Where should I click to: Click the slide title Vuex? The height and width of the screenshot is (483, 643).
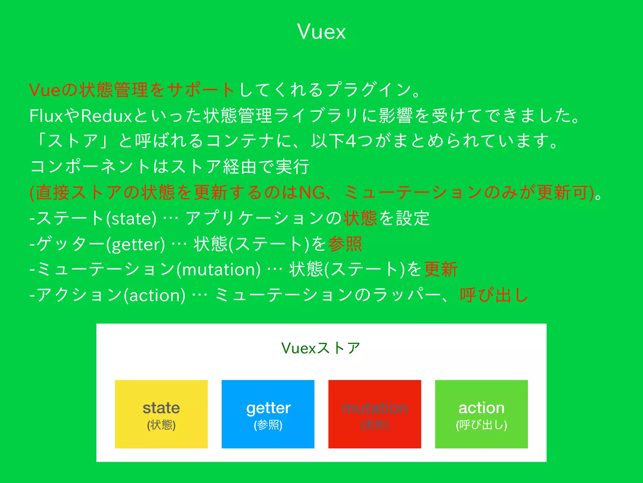(x=321, y=32)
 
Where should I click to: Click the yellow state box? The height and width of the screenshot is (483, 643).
(x=161, y=414)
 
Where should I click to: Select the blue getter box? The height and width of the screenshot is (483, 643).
(x=268, y=414)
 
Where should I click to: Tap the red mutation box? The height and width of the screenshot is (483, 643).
(x=375, y=414)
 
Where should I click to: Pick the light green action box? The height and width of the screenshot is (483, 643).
(x=481, y=414)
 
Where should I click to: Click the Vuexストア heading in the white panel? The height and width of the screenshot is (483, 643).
(x=321, y=348)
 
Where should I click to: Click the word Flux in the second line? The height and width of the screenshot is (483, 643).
(x=46, y=116)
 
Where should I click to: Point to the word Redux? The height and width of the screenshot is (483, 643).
(x=106, y=116)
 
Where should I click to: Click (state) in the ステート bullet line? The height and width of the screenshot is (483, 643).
(x=131, y=219)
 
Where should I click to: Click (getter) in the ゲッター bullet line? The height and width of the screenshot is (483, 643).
(x=135, y=244)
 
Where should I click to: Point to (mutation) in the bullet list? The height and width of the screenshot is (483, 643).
(x=219, y=270)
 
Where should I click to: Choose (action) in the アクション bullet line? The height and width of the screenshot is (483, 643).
(x=154, y=296)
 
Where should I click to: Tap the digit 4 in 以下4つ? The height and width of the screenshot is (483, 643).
(x=351, y=141)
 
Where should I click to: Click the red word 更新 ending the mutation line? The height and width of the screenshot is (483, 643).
(x=440, y=269)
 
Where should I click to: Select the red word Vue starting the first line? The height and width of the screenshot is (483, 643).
(x=44, y=90)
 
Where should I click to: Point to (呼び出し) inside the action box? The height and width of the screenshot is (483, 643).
(x=481, y=425)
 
